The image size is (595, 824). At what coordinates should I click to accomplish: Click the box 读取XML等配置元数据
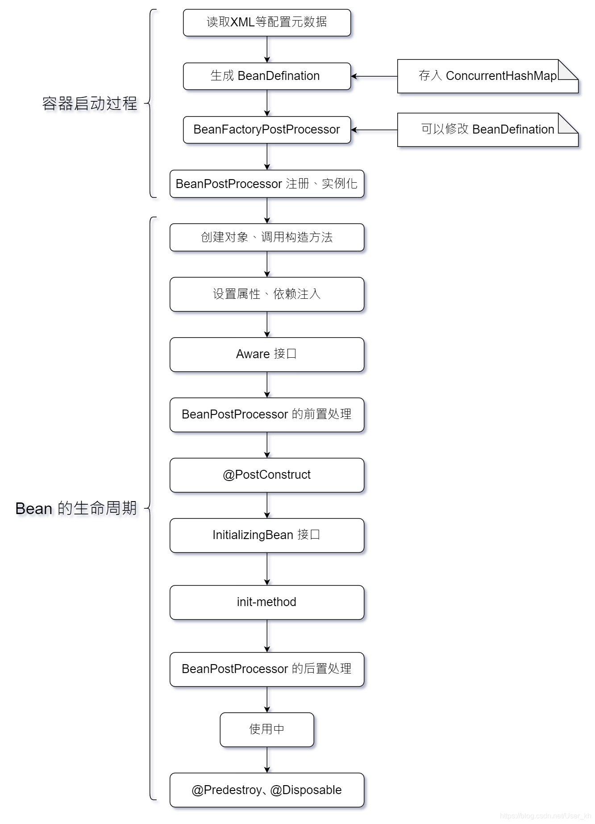click(266, 22)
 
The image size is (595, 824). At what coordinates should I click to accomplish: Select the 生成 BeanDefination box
click(266, 76)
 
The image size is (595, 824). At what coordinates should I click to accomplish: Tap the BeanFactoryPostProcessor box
click(266, 130)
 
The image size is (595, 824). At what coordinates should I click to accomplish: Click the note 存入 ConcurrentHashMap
click(487, 76)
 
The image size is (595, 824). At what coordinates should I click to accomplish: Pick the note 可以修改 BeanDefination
click(487, 130)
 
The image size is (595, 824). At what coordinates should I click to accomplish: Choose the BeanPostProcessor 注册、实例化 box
click(266, 184)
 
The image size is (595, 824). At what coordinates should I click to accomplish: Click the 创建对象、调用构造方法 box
click(266, 237)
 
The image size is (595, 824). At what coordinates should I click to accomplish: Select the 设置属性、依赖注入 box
click(266, 294)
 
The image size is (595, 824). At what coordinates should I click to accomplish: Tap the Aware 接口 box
click(266, 354)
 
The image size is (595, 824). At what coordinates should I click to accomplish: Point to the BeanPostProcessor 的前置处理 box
click(266, 414)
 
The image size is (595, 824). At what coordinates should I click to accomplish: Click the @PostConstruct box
click(266, 475)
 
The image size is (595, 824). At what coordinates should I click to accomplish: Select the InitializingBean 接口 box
click(266, 535)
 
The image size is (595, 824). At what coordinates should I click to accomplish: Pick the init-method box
click(266, 602)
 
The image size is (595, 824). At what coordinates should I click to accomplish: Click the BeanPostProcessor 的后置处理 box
click(266, 669)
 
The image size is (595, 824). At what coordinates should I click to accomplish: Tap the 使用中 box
click(266, 729)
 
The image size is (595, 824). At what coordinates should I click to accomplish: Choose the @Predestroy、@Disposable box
click(266, 790)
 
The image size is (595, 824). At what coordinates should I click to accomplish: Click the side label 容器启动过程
click(90, 104)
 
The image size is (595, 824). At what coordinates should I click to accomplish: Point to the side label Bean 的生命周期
click(76, 508)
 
